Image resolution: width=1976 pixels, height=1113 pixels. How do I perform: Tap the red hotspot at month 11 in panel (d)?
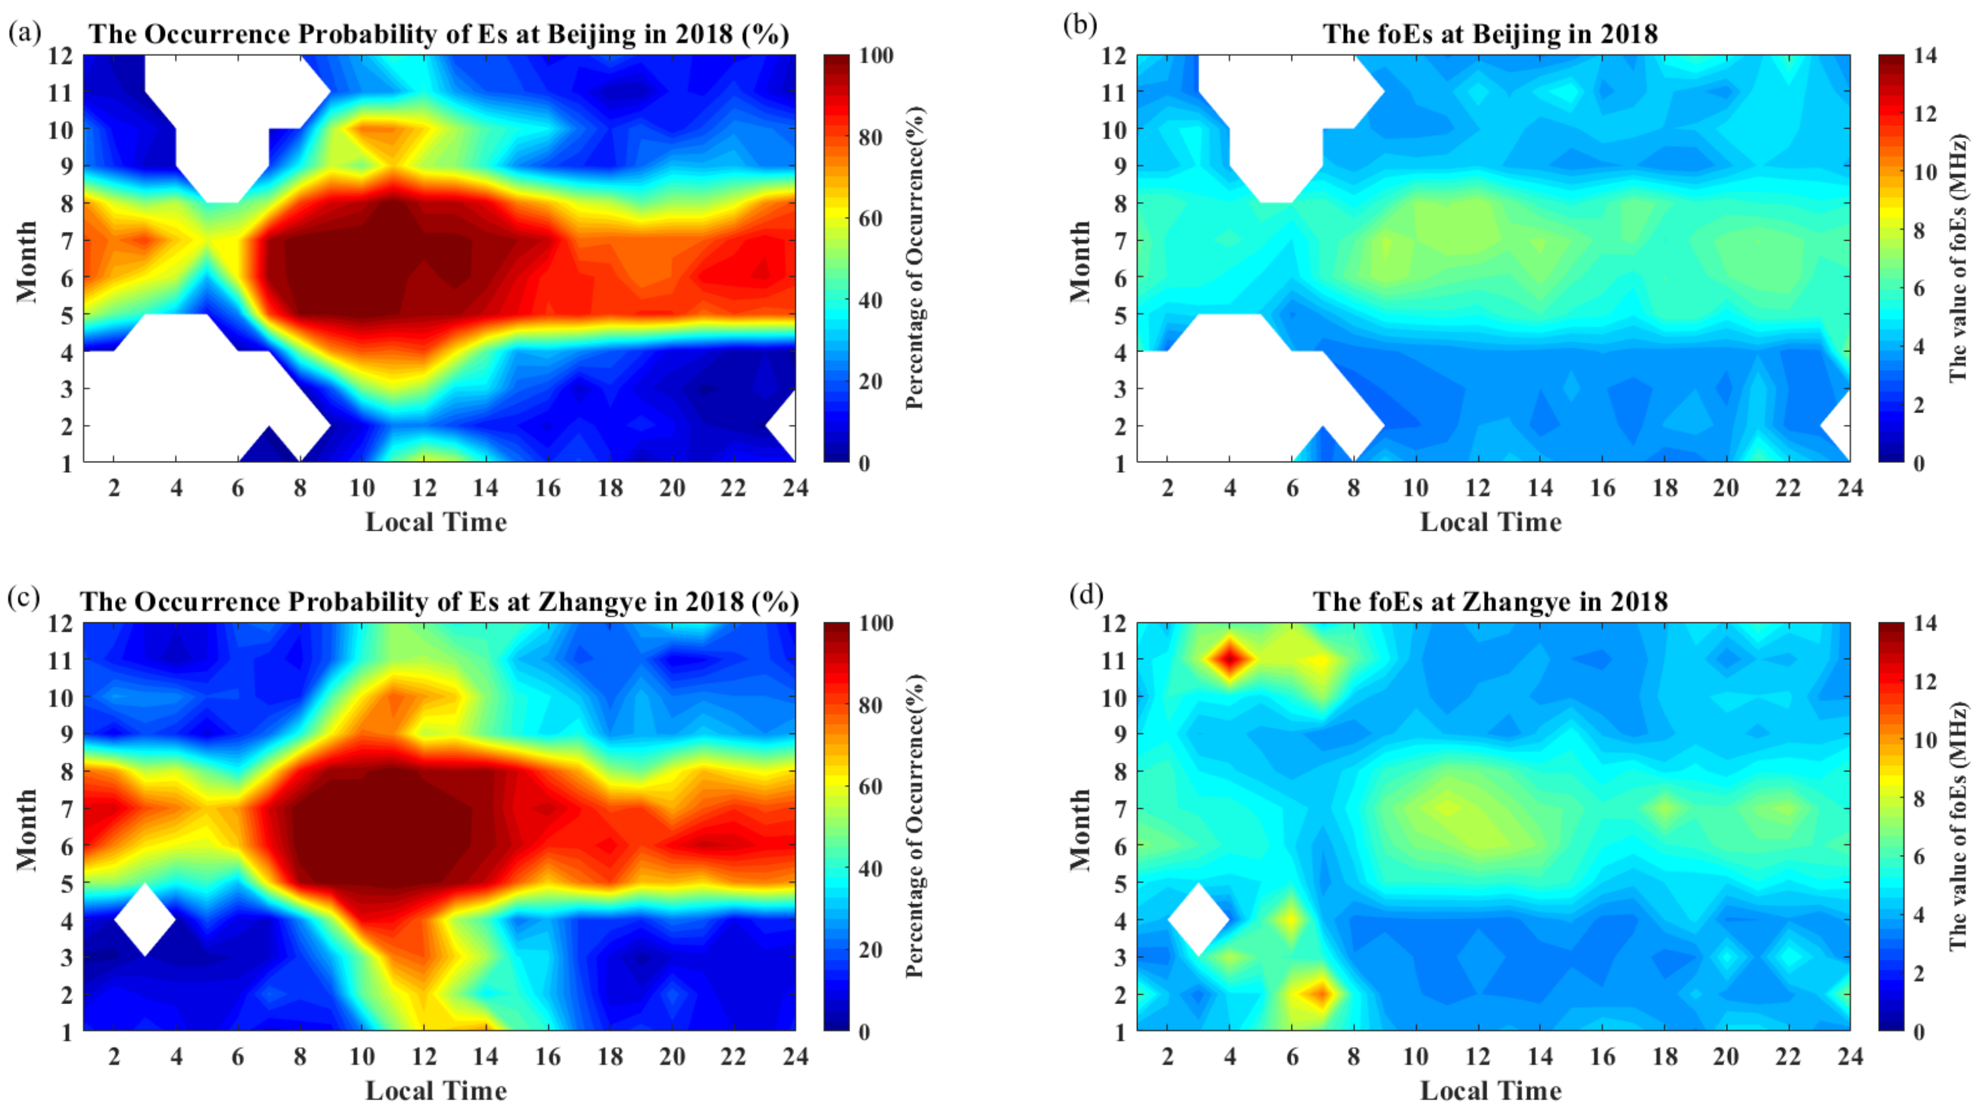1230,658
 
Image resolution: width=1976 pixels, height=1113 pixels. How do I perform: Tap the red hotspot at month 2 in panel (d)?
1322,994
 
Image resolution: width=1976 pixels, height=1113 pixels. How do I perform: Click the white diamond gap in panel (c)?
145,920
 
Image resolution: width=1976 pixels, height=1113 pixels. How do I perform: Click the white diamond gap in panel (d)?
1198,920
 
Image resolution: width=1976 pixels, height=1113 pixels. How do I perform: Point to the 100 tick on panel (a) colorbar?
875,55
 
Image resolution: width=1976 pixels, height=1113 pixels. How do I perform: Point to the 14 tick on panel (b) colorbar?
1926,55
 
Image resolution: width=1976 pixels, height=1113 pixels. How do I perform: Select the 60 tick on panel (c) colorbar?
870,786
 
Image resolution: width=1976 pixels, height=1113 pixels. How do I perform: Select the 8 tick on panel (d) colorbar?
1919,798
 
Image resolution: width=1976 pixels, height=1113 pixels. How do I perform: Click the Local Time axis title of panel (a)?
436,523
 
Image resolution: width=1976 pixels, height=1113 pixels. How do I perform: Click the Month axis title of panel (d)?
1079,829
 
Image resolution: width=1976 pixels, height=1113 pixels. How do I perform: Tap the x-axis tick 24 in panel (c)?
795,1057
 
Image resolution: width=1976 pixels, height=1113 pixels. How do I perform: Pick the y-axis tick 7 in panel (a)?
66,241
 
